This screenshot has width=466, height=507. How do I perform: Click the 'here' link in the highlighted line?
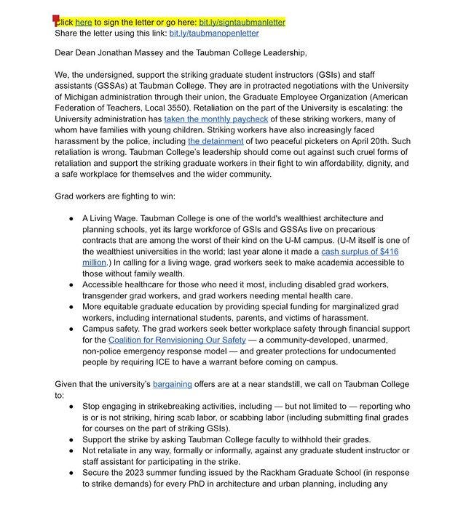click(x=84, y=23)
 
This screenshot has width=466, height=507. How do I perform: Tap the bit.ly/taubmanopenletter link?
click(x=214, y=33)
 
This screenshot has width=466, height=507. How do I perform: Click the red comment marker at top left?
click(x=57, y=20)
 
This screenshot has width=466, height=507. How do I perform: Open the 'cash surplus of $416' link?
click(x=360, y=251)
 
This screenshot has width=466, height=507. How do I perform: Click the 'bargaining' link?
click(x=173, y=384)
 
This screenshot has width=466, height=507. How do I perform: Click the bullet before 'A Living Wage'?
click(x=71, y=218)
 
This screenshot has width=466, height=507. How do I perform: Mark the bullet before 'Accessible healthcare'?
click(x=71, y=284)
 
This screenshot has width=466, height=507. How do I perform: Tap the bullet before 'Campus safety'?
click(x=71, y=329)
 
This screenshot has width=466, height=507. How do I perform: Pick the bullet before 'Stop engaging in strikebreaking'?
click(x=71, y=406)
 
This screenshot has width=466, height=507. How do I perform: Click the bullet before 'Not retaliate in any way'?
click(x=71, y=450)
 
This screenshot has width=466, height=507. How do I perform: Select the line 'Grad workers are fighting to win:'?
click(x=115, y=196)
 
